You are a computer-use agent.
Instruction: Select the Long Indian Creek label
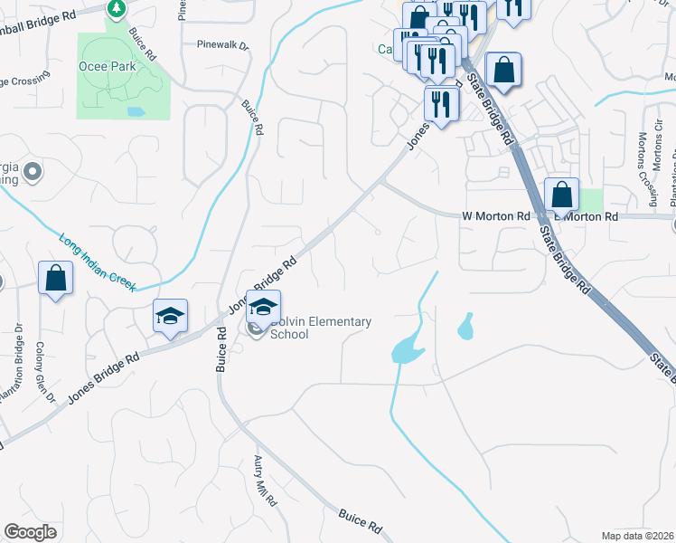coord(98,262)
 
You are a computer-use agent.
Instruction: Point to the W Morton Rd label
coord(495,217)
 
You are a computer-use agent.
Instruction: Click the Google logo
coord(31,532)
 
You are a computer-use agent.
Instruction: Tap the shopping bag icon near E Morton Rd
coord(561,195)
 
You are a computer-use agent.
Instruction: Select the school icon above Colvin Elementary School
coord(263,307)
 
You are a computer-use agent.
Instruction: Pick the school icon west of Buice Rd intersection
coord(169,316)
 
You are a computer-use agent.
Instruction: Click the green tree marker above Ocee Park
coord(116,9)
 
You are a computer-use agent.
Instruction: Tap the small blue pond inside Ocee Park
coord(136,112)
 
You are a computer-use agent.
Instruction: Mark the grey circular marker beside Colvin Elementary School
coord(255,329)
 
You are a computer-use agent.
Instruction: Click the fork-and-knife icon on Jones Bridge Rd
coord(441,103)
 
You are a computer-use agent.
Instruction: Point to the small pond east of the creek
coord(465,326)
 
